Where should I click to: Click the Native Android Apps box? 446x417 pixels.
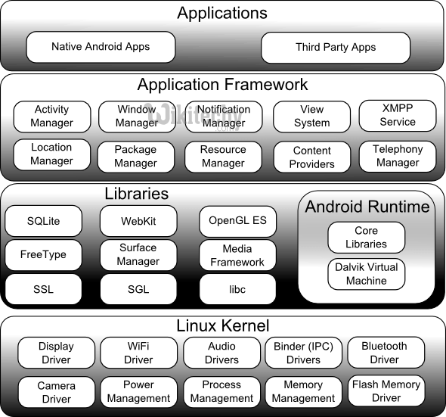coord(101,47)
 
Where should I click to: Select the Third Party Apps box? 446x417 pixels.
coord(336,48)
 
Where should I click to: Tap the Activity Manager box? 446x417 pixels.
coord(52,117)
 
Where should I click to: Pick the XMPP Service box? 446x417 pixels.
coord(398,115)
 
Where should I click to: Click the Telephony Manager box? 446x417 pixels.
coord(398,156)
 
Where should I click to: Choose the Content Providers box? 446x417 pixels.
coord(312,157)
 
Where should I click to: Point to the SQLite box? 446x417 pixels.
coord(42,221)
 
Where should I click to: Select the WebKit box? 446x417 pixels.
coord(138,221)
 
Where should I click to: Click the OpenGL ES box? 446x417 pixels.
coord(237,221)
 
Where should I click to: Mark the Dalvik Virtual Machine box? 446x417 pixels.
coord(366,274)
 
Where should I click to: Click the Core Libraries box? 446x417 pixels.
coord(366,238)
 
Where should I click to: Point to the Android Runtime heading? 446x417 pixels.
coord(367,207)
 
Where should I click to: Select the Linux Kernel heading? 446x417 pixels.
coord(222,326)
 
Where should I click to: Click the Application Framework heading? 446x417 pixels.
coord(222,85)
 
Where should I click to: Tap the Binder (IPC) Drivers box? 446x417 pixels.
coord(303,353)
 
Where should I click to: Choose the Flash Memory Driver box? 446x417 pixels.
coord(386,391)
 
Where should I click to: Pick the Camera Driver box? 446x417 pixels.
coord(56,392)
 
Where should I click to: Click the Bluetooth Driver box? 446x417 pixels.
coord(384,353)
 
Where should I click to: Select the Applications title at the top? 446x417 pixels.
coord(222,13)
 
